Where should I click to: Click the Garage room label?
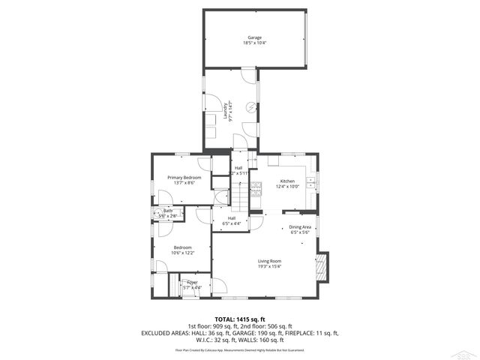[254, 37]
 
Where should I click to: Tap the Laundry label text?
[225, 110]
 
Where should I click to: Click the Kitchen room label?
[288, 181]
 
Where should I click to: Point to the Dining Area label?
[299, 226]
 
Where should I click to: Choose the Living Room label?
[269, 260]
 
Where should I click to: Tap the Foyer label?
[193, 282]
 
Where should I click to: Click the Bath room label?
[168, 211]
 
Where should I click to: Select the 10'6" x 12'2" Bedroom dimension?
[182, 253]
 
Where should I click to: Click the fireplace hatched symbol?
[322, 266]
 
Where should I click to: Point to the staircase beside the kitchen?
[238, 196]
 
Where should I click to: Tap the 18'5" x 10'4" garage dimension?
[254, 43]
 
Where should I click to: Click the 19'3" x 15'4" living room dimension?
[269, 266]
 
